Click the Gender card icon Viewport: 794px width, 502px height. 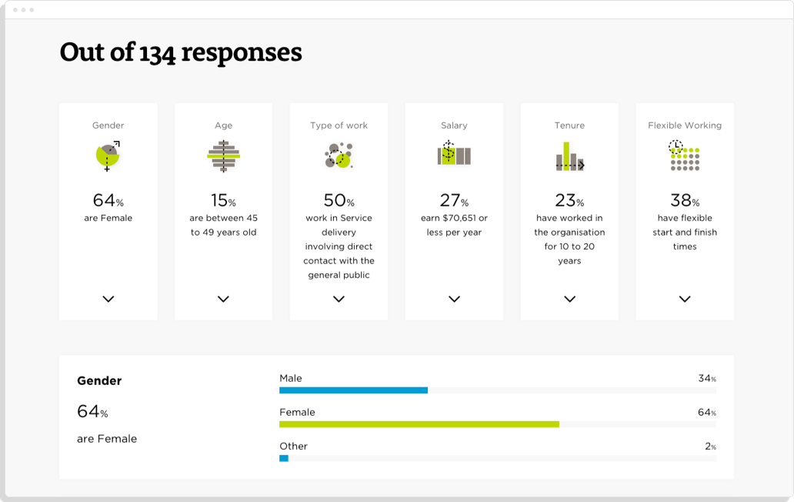pyautogui.click(x=108, y=156)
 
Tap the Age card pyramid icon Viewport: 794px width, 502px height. pyautogui.click(x=223, y=156)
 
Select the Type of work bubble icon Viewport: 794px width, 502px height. pyautogui.click(x=339, y=156)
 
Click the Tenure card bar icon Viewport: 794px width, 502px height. pyautogui.click(x=569, y=156)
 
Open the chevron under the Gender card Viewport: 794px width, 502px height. pyautogui.click(x=108, y=299)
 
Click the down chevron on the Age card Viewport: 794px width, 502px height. pyautogui.click(x=223, y=299)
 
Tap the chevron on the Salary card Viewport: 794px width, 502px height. pyautogui.click(x=454, y=299)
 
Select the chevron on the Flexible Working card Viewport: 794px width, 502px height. pyautogui.click(x=685, y=299)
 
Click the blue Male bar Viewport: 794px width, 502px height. pyautogui.click(x=353, y=390)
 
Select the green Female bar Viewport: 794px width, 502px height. pyautogui.click(x=419, y=424)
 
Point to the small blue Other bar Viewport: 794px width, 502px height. pyautogui.click(x=284, y=458)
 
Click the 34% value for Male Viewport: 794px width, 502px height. pyautogui.click(x=706, y=379)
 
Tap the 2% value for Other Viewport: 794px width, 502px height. pyautogui.click(x=710, y=447)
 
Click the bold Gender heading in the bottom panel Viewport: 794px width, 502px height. pyautogui.click(x=99, y=380)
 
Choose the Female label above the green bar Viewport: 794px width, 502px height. pyautogui.click(x=297, y=412)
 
